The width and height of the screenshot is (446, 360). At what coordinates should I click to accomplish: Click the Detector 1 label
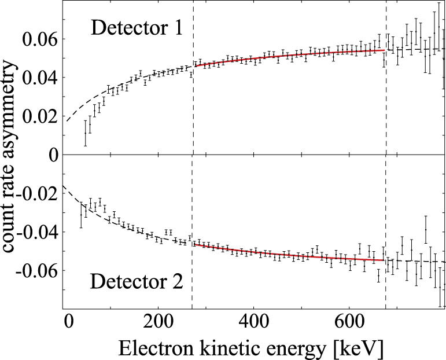click(x=137, y=27)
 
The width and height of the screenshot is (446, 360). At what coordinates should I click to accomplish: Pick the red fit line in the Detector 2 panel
click(x=289, y=255)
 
